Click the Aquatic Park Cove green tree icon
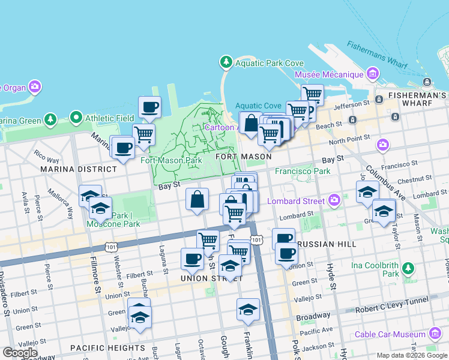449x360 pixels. tap(226, 62)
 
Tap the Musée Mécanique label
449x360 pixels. tap(330, 74)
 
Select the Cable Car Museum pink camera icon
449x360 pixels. tap(435, 334)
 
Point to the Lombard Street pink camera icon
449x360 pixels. tap(334, 200)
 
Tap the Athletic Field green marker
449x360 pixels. tap(76, 118)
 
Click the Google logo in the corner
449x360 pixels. tap(20, 353)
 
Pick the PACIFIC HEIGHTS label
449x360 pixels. tap(107, 347)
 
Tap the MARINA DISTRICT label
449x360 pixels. tap(79, 169)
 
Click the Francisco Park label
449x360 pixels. tap(303, 171)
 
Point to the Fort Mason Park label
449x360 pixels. tap(171, 160)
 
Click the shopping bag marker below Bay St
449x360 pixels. tap(197, 199)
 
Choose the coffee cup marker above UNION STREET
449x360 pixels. tap(192, 259)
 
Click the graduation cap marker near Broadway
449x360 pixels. tap(248, 310)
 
